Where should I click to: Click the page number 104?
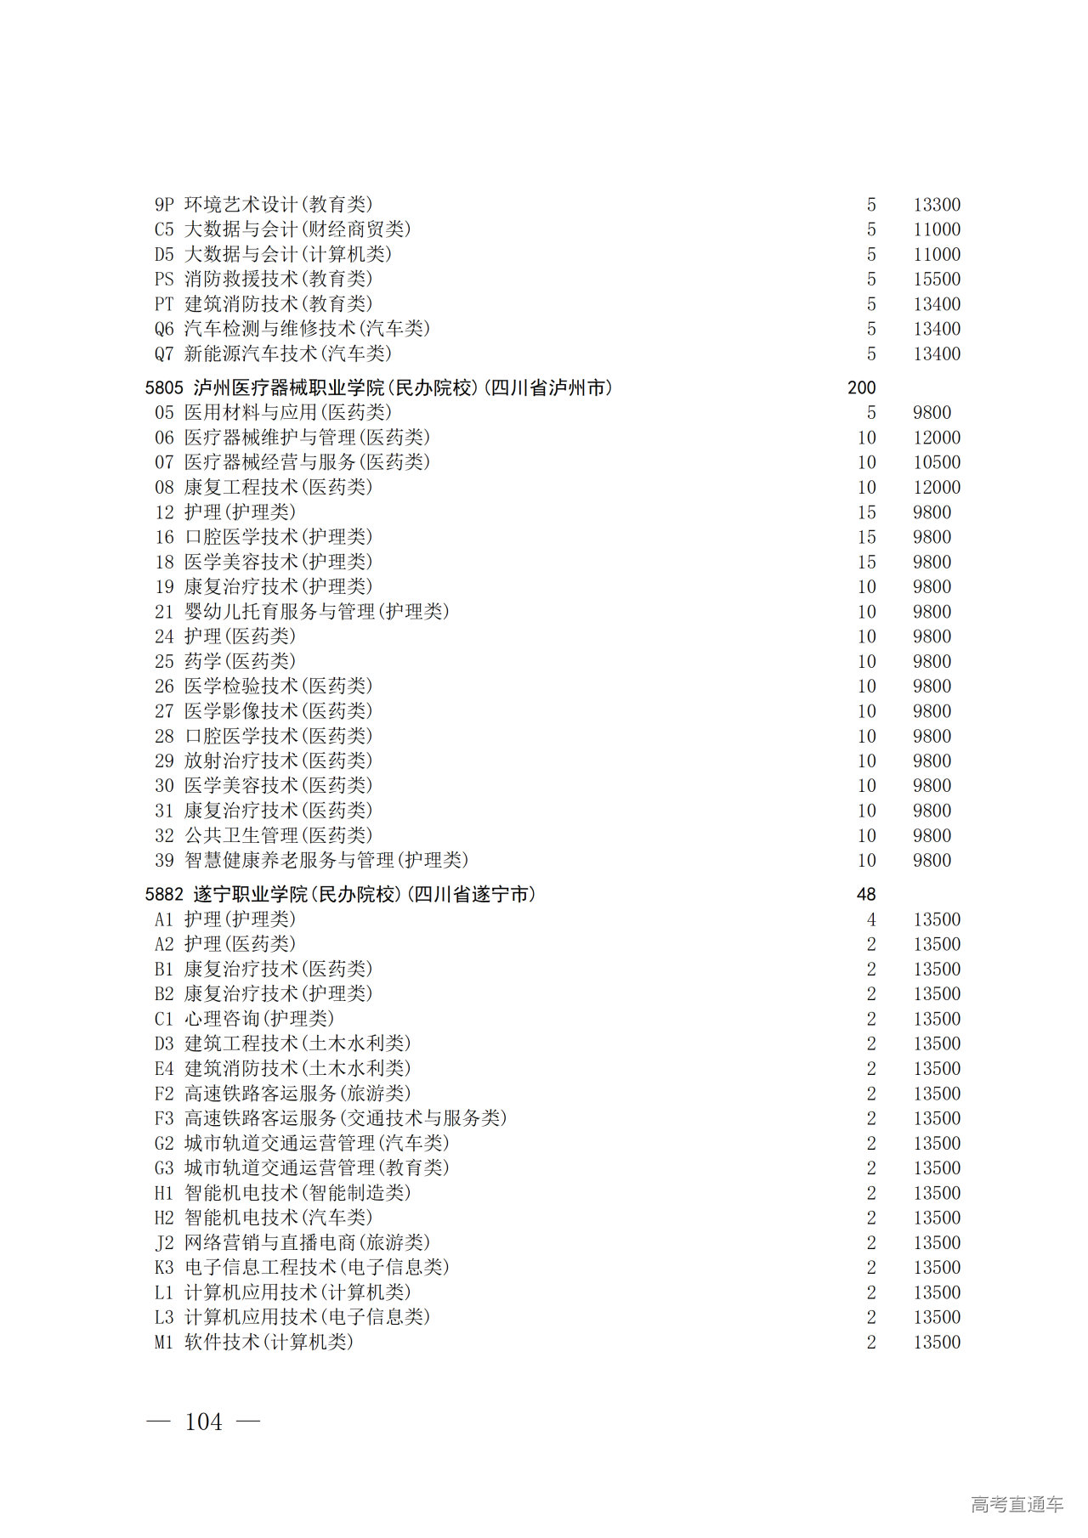[x=203, y=1421]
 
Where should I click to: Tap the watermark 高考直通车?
[x=1017, y=1504]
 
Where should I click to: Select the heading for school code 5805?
[x=378, y=387]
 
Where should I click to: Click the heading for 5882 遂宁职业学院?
[x=340, y=894]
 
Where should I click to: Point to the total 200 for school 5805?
[x=861, y=387]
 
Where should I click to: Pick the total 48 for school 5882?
[x=866, y=894]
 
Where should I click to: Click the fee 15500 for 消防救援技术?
[x=937, y=279]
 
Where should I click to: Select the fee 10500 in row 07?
[x=937, y=462]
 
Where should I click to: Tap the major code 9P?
[x=164, y=205]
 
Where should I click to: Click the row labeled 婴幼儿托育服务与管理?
[x=316, y=612]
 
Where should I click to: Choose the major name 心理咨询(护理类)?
[x=259, y=1019]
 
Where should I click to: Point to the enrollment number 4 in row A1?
[x=871, y=919]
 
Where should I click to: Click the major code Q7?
[x=164, y=353]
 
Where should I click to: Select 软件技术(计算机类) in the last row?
[x=269, y=1342]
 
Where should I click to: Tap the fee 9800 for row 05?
[x=932, y=413]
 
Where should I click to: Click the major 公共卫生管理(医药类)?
[x=278, y=835]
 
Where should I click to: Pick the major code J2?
[x=164, y=1242]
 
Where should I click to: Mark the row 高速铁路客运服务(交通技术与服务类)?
[x=345, y=1118]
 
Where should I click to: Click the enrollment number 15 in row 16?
[x=866, y=537]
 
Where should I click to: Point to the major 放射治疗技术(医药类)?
[x=278, y=761]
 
